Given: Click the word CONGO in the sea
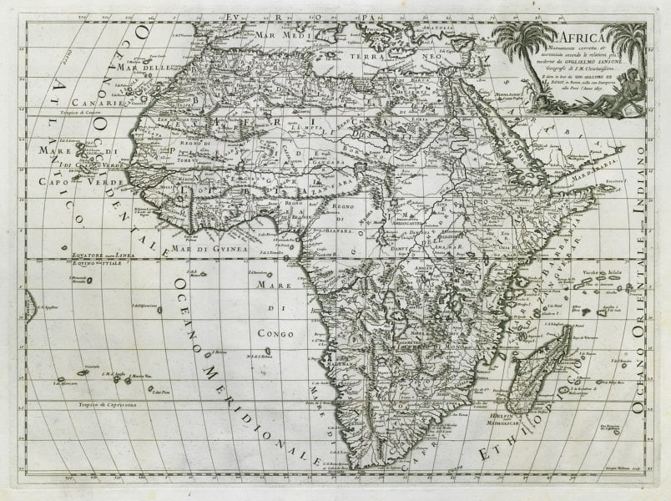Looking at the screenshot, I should pos(286,332).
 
